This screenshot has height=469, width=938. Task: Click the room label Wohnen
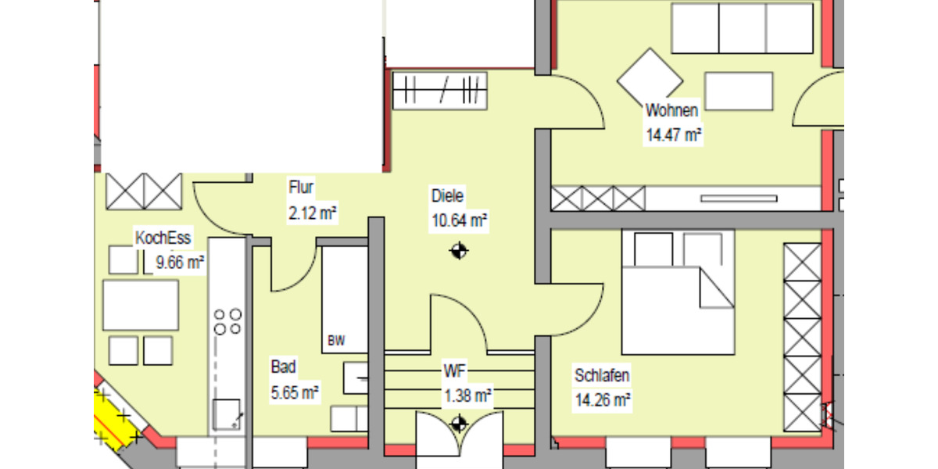[x=671, y=110]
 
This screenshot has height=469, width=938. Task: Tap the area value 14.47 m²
[x=672, y=134]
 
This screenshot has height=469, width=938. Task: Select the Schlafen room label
[x=602, y=375]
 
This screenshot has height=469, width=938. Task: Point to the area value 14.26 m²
[x=603, y=400]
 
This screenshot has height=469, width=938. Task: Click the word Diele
[x=447, y=195]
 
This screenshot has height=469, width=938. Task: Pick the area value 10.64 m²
[x=459, y=220]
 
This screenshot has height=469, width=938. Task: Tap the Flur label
[x=301, y=188]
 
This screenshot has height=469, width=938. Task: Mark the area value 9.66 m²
[x=181, y=263]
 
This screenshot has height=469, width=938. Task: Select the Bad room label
[x=283, y=366]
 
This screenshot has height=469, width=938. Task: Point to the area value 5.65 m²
[x=294, y=391]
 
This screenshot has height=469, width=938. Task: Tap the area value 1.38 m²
[x=467, y=396]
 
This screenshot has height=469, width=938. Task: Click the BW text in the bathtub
[x=336, y=341]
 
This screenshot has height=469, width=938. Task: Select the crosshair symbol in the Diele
[x=459, y=251]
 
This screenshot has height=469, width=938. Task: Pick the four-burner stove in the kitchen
[x=227, y=321]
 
